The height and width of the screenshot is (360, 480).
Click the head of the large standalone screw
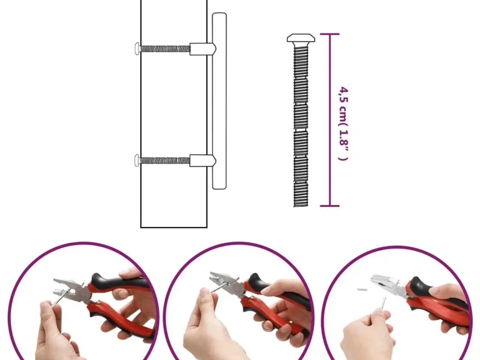301,38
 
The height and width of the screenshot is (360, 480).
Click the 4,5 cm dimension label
343,124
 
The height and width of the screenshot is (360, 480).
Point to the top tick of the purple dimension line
330,34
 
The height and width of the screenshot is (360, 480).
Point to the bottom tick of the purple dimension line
330,206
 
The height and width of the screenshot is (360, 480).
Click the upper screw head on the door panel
137,48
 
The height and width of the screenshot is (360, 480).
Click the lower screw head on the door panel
137,160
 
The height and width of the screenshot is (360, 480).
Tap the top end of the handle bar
219,14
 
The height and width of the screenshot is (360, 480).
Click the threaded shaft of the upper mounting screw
165,49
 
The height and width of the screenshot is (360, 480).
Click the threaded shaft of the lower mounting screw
165,160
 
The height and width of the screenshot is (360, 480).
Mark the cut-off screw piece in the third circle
362,289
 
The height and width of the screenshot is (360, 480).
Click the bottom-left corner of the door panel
141,227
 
